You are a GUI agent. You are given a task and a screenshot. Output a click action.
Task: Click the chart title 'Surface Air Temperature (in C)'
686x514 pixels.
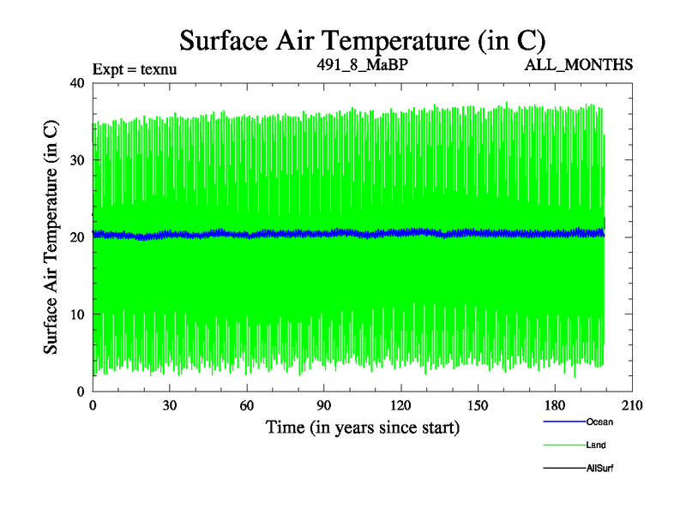pyautogui.click(x=362, y=39)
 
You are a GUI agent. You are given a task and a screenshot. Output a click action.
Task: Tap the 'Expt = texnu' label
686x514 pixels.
pyautogui.click(x=135, y=69)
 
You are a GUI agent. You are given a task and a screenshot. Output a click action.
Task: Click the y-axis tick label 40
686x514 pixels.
pyautogui.click(x=75, y=83)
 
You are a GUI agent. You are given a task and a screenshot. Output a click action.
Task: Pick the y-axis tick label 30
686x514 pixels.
pyautogui.click(x=75, y=160)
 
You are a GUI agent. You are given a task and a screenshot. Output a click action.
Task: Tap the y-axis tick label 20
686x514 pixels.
pyautogui.click(x=75, y=237)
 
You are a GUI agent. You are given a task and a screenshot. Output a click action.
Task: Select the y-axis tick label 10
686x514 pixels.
pyautogui.click(x=75, y=314)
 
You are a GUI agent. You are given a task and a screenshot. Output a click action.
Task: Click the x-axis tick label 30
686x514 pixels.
pyautogui.click(x=170, y=405)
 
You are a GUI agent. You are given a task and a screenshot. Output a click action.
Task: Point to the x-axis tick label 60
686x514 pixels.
pyautogui.click(x=247, y=405)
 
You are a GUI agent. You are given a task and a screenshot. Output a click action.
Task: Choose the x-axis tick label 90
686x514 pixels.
pyautogui.click(x=324, y=405)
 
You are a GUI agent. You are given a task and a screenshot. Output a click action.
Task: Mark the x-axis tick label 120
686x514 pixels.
pyautogui.click(x=401, y=405)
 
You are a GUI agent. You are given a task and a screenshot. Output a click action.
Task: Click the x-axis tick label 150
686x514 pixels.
pyautogui.click(x=478, y=405)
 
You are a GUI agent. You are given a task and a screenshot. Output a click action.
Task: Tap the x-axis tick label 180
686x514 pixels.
pyautogui.click(x=556, y=405)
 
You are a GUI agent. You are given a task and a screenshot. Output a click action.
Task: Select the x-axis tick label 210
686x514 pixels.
pyautogui.click(x=633, y=405)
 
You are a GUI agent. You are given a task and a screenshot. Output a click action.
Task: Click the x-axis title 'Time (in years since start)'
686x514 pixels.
pyautogui.click(x=363, y=427)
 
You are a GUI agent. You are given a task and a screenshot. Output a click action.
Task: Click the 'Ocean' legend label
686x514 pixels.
pyautogui.click(x=599, y=421)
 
